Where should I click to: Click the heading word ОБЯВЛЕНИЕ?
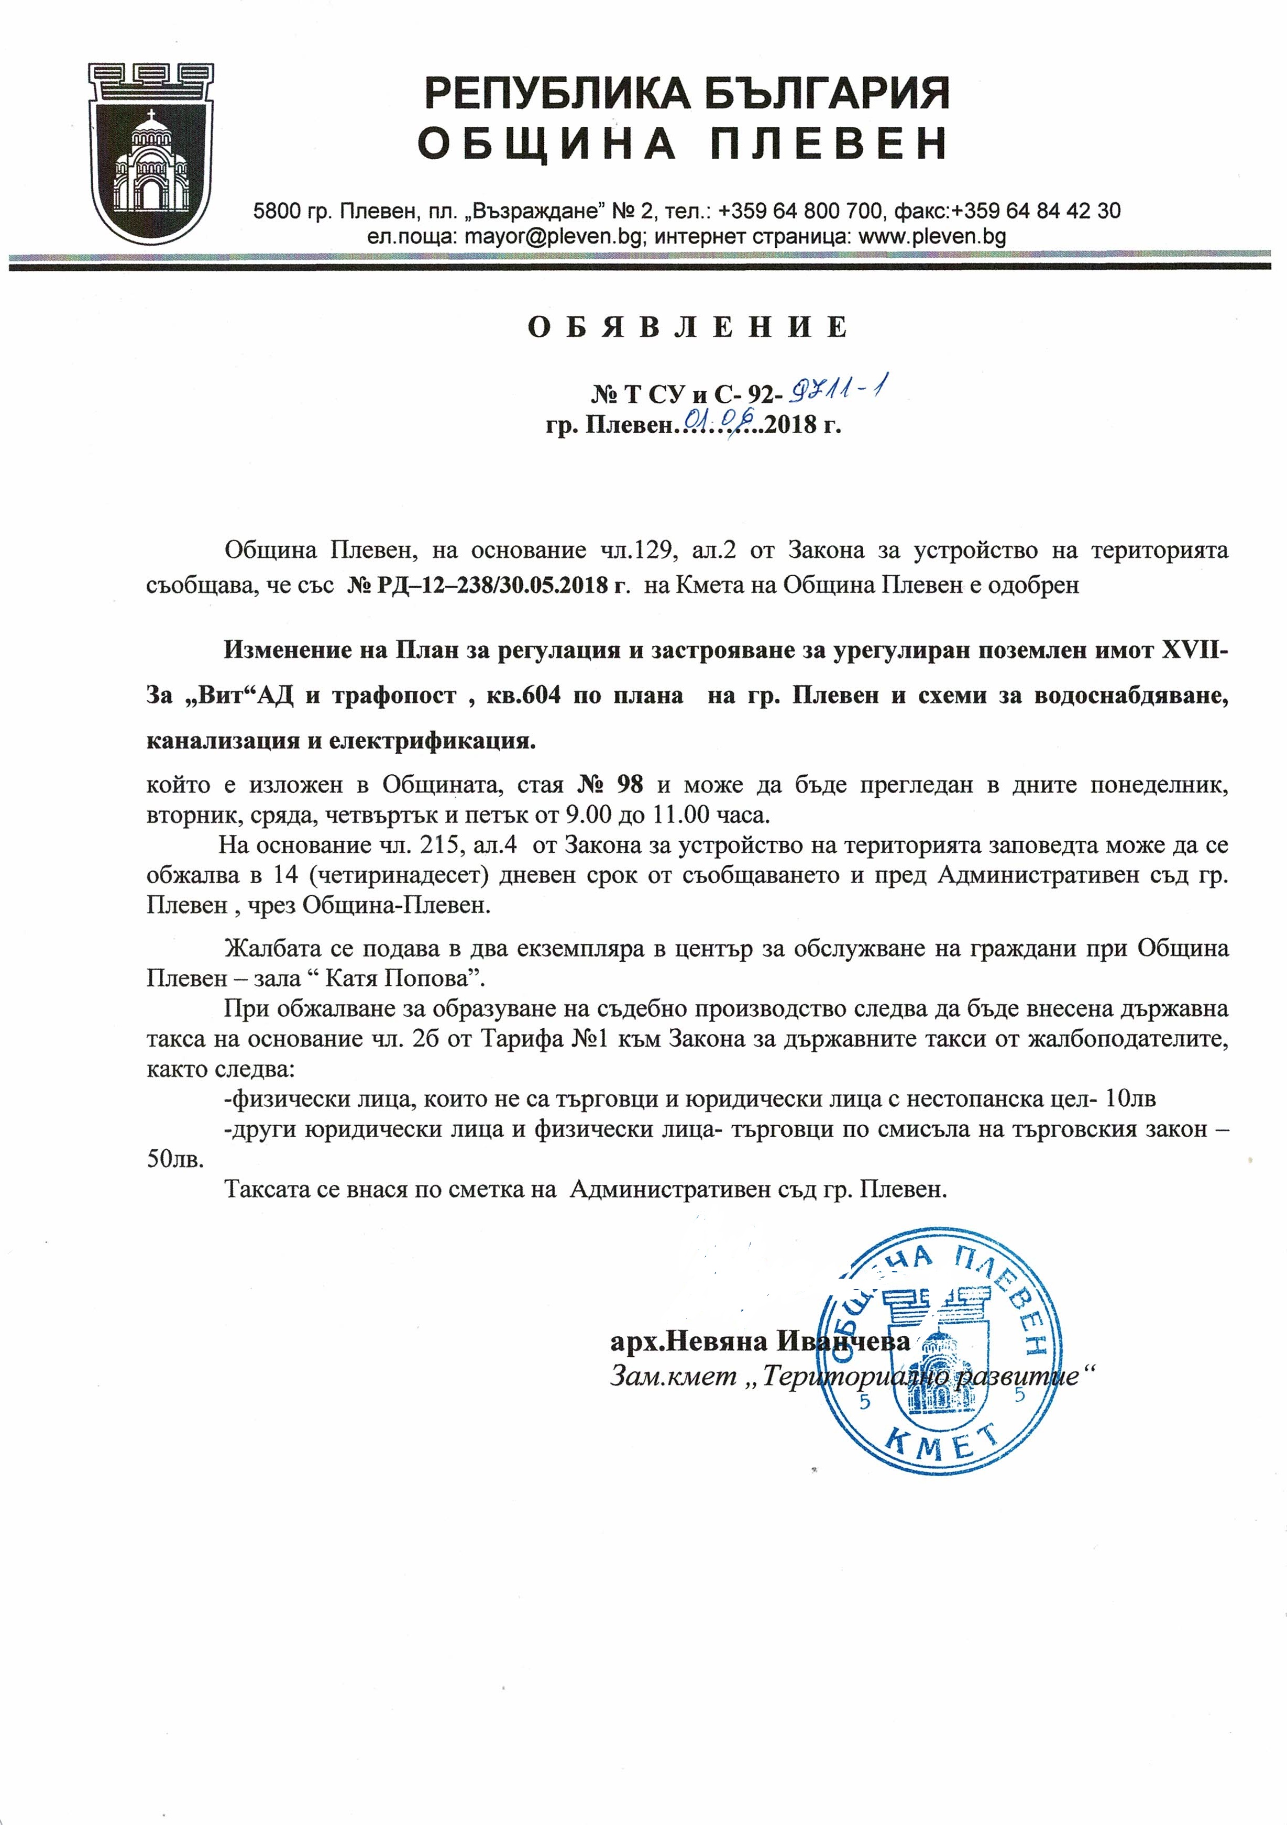click(x=688, y=327)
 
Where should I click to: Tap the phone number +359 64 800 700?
click(x=800, y=211)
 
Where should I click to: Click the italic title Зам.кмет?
click(x=673, y=1376)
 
